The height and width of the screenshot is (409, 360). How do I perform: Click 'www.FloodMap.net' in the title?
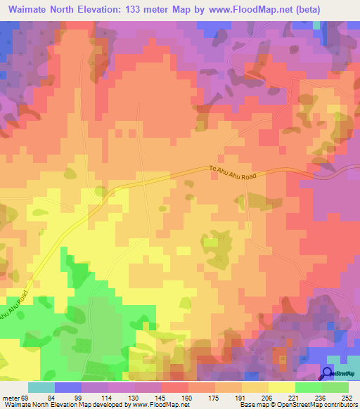(270, 9)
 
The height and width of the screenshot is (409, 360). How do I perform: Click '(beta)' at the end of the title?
(334, 9)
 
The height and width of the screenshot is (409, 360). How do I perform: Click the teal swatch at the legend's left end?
(41, 387)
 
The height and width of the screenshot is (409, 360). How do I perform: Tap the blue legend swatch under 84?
(68, 387)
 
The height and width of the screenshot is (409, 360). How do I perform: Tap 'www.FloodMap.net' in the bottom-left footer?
(149, 404)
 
